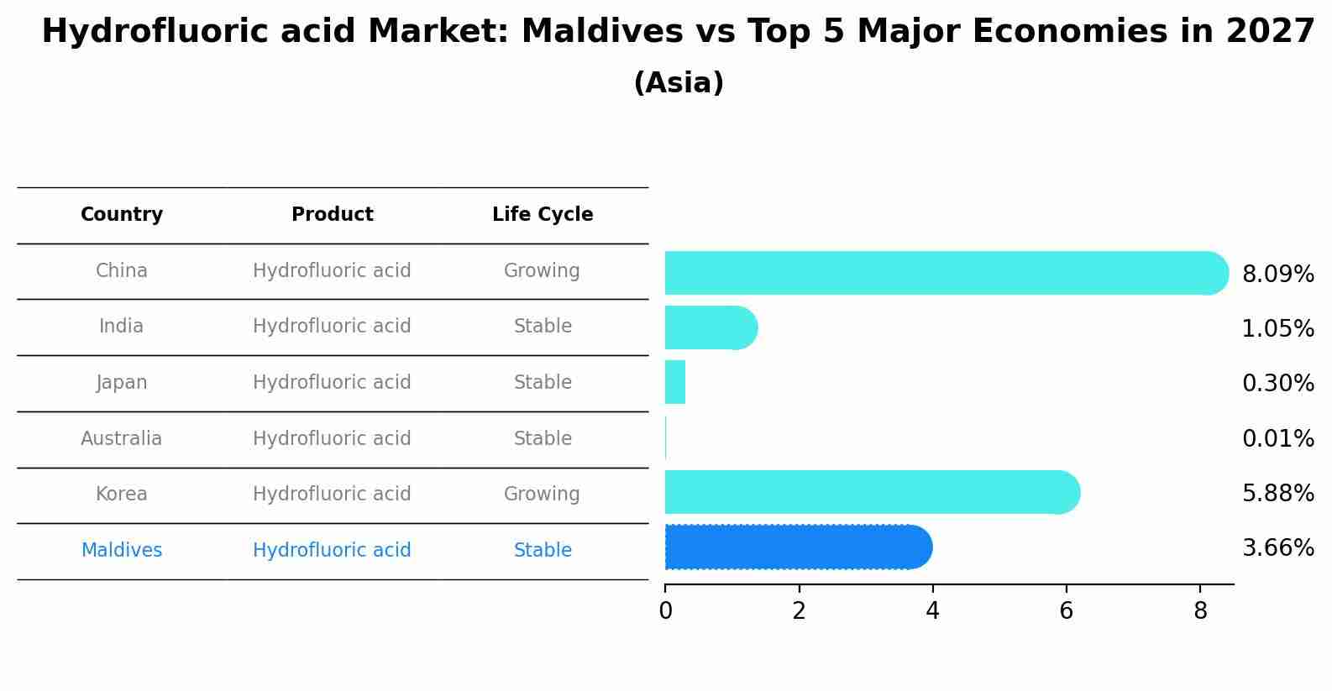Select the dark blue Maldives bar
pos(798,547)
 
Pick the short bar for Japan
pos(675,382)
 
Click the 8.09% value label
pos(1277,275)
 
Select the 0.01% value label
pos(1277,439)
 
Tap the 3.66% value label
pos(1277,548)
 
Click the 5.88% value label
pos(1277,494)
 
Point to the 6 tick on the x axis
pos(1066,610)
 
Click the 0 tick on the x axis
pos(665,610)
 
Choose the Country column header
pos(122,215)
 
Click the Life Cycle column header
pos(543,215)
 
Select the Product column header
pos(332,215)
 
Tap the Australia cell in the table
pos(122,438)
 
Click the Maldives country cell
pos(122,551)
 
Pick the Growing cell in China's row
pos(542,271)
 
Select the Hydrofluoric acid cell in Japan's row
pos(332,383)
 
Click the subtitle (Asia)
pos(679,83)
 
